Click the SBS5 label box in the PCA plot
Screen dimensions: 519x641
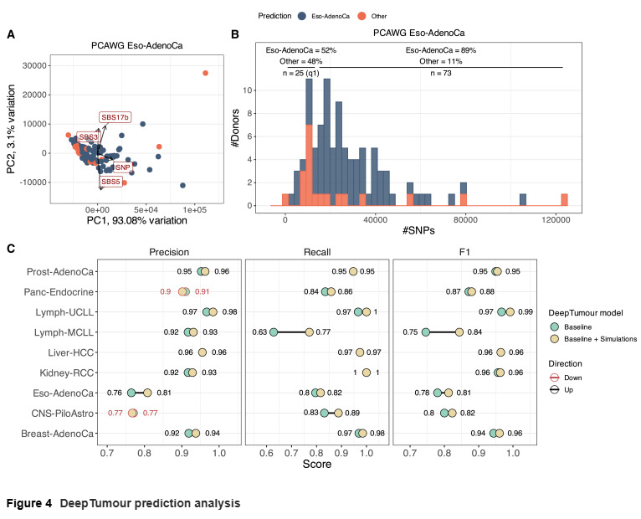click(110, 181)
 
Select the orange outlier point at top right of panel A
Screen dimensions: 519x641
click(205, 74)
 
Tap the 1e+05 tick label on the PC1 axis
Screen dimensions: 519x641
click(194, 209)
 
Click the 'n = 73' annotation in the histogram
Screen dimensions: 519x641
click(442, 73)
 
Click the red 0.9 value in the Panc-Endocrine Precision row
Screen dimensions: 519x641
click(165, 291)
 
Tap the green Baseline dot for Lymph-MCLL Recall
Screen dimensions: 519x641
click(273, 331)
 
